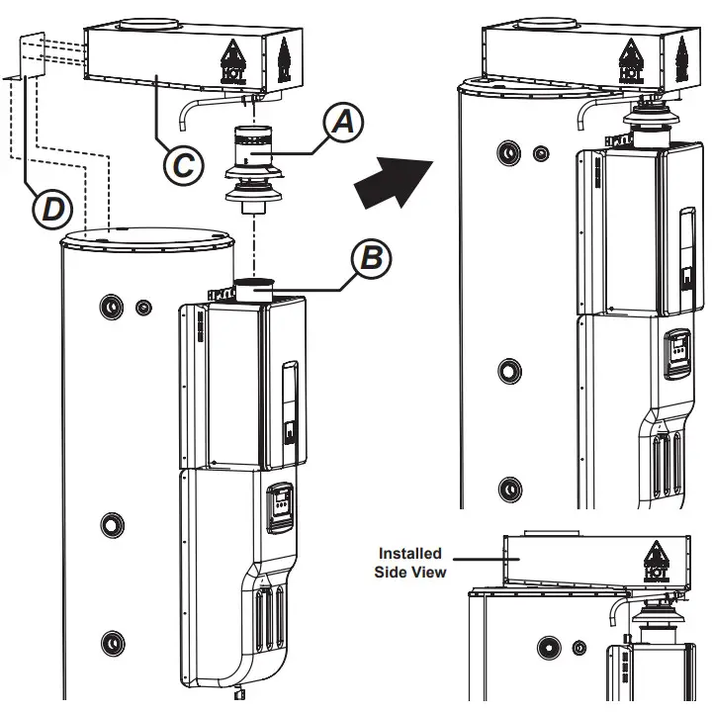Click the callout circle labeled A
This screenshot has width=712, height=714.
coord(342,123)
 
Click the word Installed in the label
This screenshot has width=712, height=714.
coord(409,554)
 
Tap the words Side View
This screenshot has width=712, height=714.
coord(410,572)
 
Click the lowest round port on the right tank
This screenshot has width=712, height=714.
coord(508,489)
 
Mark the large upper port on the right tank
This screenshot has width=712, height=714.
coord(508,152)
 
